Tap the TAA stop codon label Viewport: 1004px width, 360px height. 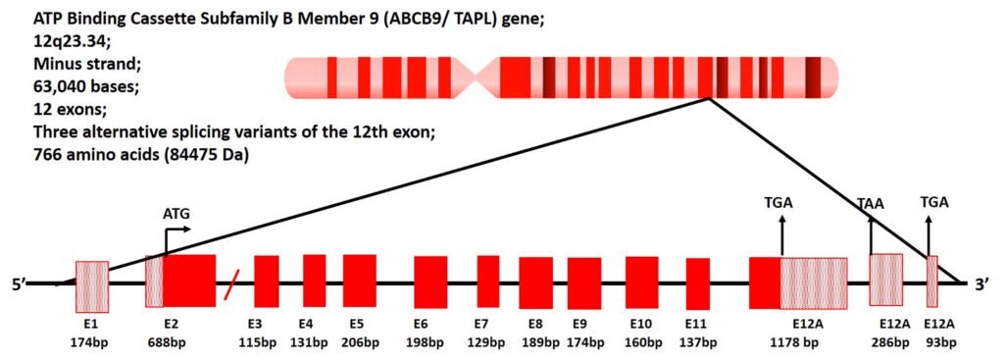coord(871,204)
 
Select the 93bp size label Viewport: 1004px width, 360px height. coord(941,342)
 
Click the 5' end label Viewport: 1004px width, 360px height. coord(18,283)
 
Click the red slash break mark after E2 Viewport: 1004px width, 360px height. coord(231,283)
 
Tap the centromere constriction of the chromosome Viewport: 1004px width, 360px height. coord(475,77)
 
